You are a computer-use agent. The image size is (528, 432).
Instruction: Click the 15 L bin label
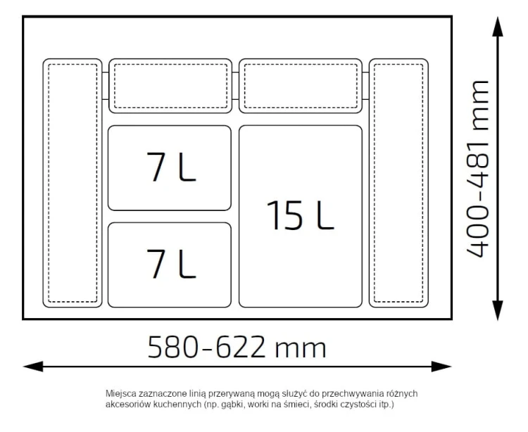[300, 216]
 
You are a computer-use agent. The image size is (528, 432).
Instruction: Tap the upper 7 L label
[171, 167]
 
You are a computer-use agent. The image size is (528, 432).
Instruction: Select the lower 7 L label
[171, 264]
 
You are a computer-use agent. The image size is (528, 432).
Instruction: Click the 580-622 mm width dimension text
[237, 347]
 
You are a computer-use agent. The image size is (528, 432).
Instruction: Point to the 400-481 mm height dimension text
[477, 169]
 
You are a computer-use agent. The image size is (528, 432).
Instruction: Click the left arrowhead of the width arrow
[33, 367]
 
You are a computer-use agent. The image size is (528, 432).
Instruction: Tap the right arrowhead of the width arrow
[441, 367]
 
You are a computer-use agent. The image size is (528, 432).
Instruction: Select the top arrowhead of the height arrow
[497, 26]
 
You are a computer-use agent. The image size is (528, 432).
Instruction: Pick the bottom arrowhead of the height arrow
[497, 310]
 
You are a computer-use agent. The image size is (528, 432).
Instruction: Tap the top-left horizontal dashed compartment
[170, 86]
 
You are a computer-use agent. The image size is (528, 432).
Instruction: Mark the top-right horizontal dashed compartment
[301, 86]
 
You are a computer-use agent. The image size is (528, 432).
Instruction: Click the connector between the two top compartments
[235, 86]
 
